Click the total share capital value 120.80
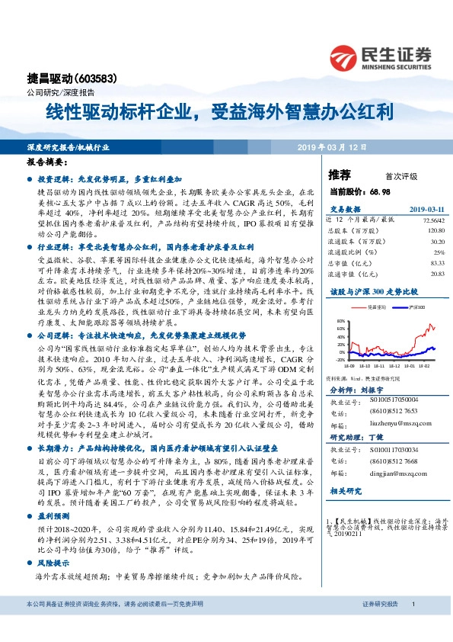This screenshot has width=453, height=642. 433,230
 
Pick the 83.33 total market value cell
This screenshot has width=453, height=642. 435,262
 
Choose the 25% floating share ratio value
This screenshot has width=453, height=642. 439,251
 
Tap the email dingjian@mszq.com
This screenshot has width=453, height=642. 391,472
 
